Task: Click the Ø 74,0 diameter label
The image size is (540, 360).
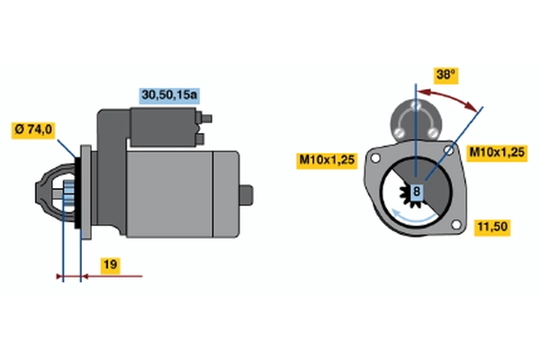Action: pos(33,130)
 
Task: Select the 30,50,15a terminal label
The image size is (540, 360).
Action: pos(169,95)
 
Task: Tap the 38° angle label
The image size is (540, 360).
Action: pos(445,75)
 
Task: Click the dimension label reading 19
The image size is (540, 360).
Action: pos(111,265)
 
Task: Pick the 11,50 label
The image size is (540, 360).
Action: pos(492,227)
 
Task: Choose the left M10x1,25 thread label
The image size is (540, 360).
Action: pos(327,160)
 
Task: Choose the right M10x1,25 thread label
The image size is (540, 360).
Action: pos(497,152)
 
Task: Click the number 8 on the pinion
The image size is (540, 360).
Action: pos(417,191)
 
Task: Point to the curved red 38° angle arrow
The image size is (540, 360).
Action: pos(448,98)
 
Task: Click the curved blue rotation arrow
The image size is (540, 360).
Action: pos(413,218)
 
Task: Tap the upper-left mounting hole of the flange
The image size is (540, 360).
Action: pos(375,158)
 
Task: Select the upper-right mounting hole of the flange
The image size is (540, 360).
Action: pos(448,150)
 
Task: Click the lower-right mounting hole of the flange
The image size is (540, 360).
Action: pos(456,225)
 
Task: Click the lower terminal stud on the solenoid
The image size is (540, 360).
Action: pos(200,139)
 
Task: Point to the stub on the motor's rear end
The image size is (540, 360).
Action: pos(247,195)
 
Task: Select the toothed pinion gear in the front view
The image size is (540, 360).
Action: pos(409,195)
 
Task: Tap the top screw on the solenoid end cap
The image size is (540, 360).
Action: pos(416,104)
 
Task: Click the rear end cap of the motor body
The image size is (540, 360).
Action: pos(226,194)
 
